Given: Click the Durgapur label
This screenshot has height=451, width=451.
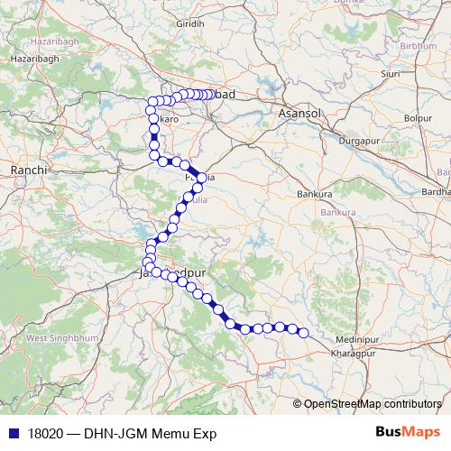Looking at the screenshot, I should point(357,141).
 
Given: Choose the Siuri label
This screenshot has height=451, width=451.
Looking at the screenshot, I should point(391,74).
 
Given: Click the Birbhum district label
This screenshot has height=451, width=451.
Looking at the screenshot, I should point(418,45).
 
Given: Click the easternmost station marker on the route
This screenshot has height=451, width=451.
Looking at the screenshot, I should point(304,334).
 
